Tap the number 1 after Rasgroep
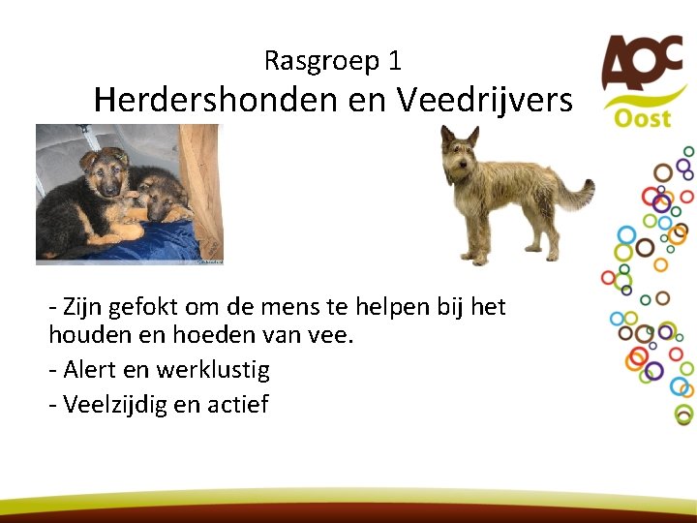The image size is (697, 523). tap(394, 62)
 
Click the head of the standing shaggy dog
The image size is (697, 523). tap(460, 154)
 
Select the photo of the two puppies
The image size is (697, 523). tap(129, 195)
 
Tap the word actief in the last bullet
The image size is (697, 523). tap(237, 403)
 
